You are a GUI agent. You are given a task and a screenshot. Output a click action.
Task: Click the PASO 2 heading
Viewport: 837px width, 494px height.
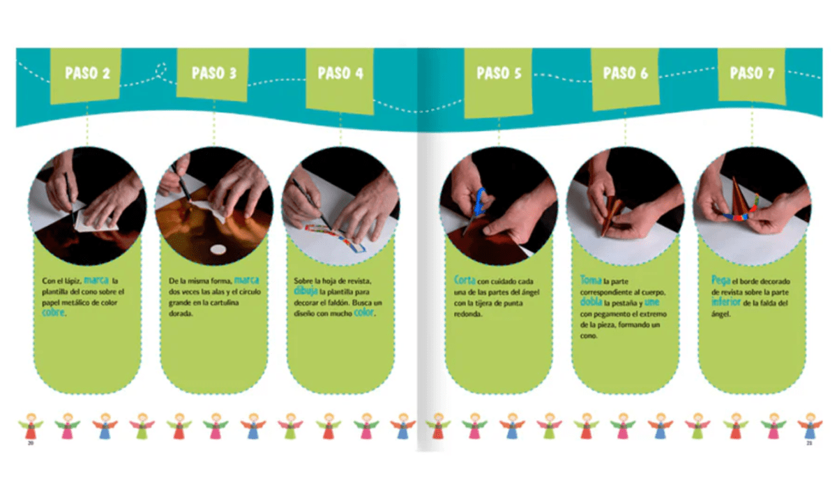pos(87,73)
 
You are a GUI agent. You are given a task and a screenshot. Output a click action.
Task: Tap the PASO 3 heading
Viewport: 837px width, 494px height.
pos(214,73)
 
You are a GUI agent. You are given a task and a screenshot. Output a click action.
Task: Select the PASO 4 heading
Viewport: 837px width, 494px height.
pos(340,73)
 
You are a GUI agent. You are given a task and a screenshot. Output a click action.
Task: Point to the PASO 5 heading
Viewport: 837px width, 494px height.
pos(499,73)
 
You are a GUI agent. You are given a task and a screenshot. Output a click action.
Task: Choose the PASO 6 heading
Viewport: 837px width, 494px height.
pos(626,73)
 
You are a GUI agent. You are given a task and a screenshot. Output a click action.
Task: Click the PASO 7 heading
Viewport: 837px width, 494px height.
pos(752,73)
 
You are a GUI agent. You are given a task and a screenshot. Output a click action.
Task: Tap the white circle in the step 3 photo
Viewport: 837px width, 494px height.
pos(218,249)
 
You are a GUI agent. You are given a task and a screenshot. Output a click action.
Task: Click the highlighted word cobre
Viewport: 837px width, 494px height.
pos(53,313)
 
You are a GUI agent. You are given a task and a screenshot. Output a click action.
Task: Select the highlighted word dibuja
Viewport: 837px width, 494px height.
pos(306,291)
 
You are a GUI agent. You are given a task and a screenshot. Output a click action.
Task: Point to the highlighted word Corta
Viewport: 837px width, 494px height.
pos(465,280)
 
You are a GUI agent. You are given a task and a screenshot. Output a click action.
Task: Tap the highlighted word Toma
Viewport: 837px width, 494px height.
pos(590,280)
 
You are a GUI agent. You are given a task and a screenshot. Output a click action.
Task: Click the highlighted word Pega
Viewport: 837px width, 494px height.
pos(721,280)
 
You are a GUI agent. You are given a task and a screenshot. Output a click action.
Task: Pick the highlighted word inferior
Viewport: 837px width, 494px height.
pos(726,302)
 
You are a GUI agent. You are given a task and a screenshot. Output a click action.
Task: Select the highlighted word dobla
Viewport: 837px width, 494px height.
pos(591,301)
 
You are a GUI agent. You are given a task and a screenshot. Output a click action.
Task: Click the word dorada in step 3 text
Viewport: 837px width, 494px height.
pos(181,313)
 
